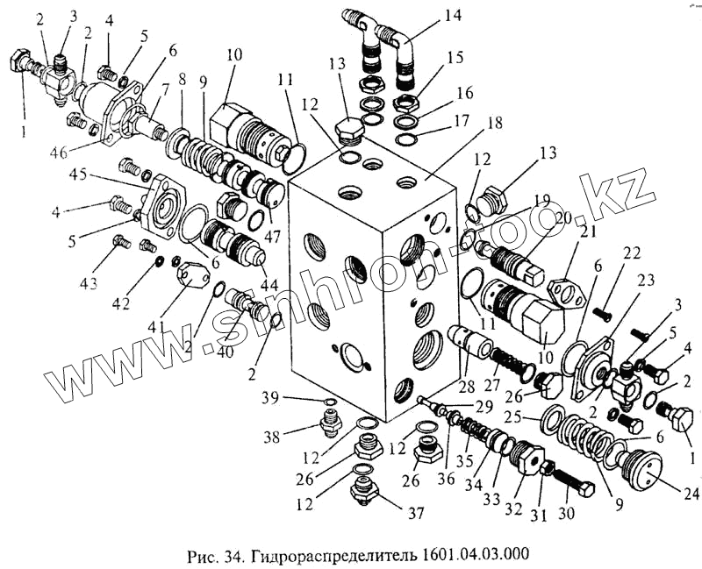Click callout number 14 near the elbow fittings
452,15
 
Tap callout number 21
585,231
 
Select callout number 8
182,79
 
